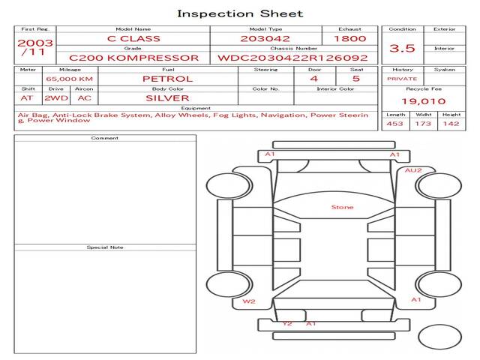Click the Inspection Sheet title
[240, 13]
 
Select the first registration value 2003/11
[35, 47]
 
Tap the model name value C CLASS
[133, 38]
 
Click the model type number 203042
[265, 38]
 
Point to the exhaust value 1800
[350, 38]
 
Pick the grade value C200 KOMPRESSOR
[133, 58]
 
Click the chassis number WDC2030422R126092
[292, 58]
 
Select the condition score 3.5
[402, 48]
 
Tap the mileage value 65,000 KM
[70, 79]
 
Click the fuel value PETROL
[168, 79]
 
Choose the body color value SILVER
[167, 98]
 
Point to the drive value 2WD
[56, 98]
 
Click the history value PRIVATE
[402, 79]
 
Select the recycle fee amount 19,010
[423, 101]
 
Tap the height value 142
[451, 124]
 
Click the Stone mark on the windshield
[342, 207]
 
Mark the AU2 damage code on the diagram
[413, 170]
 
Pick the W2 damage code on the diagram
[249, 301]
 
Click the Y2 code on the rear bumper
[287, 323]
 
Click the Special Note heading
[105, 247]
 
